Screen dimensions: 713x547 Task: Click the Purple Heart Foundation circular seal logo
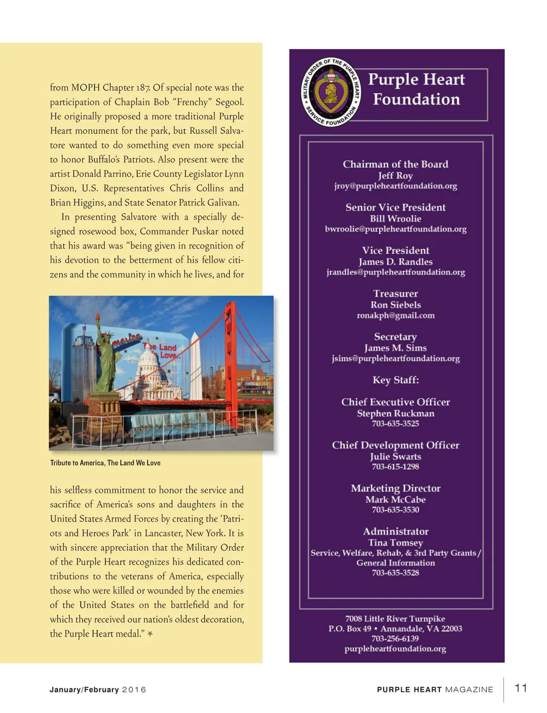coord(332,92)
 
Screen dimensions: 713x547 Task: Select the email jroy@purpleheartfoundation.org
coord(395,186)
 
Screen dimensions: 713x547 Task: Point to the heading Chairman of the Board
coord(395,164)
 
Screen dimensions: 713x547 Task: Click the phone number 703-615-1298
coord(395,467)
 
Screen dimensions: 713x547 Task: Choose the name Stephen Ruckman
coord(395,413)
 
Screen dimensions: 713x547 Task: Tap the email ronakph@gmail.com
coord(395,315)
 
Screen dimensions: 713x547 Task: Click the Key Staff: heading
coord(395,380)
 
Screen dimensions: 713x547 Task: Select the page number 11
coord(521,688)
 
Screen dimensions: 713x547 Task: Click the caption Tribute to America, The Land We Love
coord(105,463)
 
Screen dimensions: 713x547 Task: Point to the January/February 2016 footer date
coord(98,689)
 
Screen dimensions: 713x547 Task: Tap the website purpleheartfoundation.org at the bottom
coord(395,648)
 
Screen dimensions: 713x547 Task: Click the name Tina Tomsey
coord(395,542)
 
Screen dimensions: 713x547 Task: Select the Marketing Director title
coord(395,488)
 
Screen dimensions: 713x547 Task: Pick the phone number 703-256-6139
coord(395,638)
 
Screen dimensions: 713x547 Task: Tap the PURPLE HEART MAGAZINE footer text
coord(435,689)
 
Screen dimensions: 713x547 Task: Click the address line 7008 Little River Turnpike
coord(395,618)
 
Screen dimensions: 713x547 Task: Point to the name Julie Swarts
coord(395,456)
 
